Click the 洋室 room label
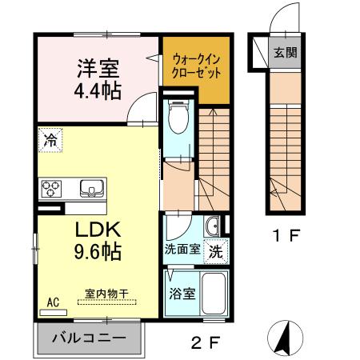(98, 66)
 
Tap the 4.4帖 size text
(98, 90)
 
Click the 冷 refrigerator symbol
(50, 139)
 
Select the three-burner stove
(53, 189)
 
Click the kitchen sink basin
(90, 189)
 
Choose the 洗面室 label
(182, 249)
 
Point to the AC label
(54, 302)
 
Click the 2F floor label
(205, 344)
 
